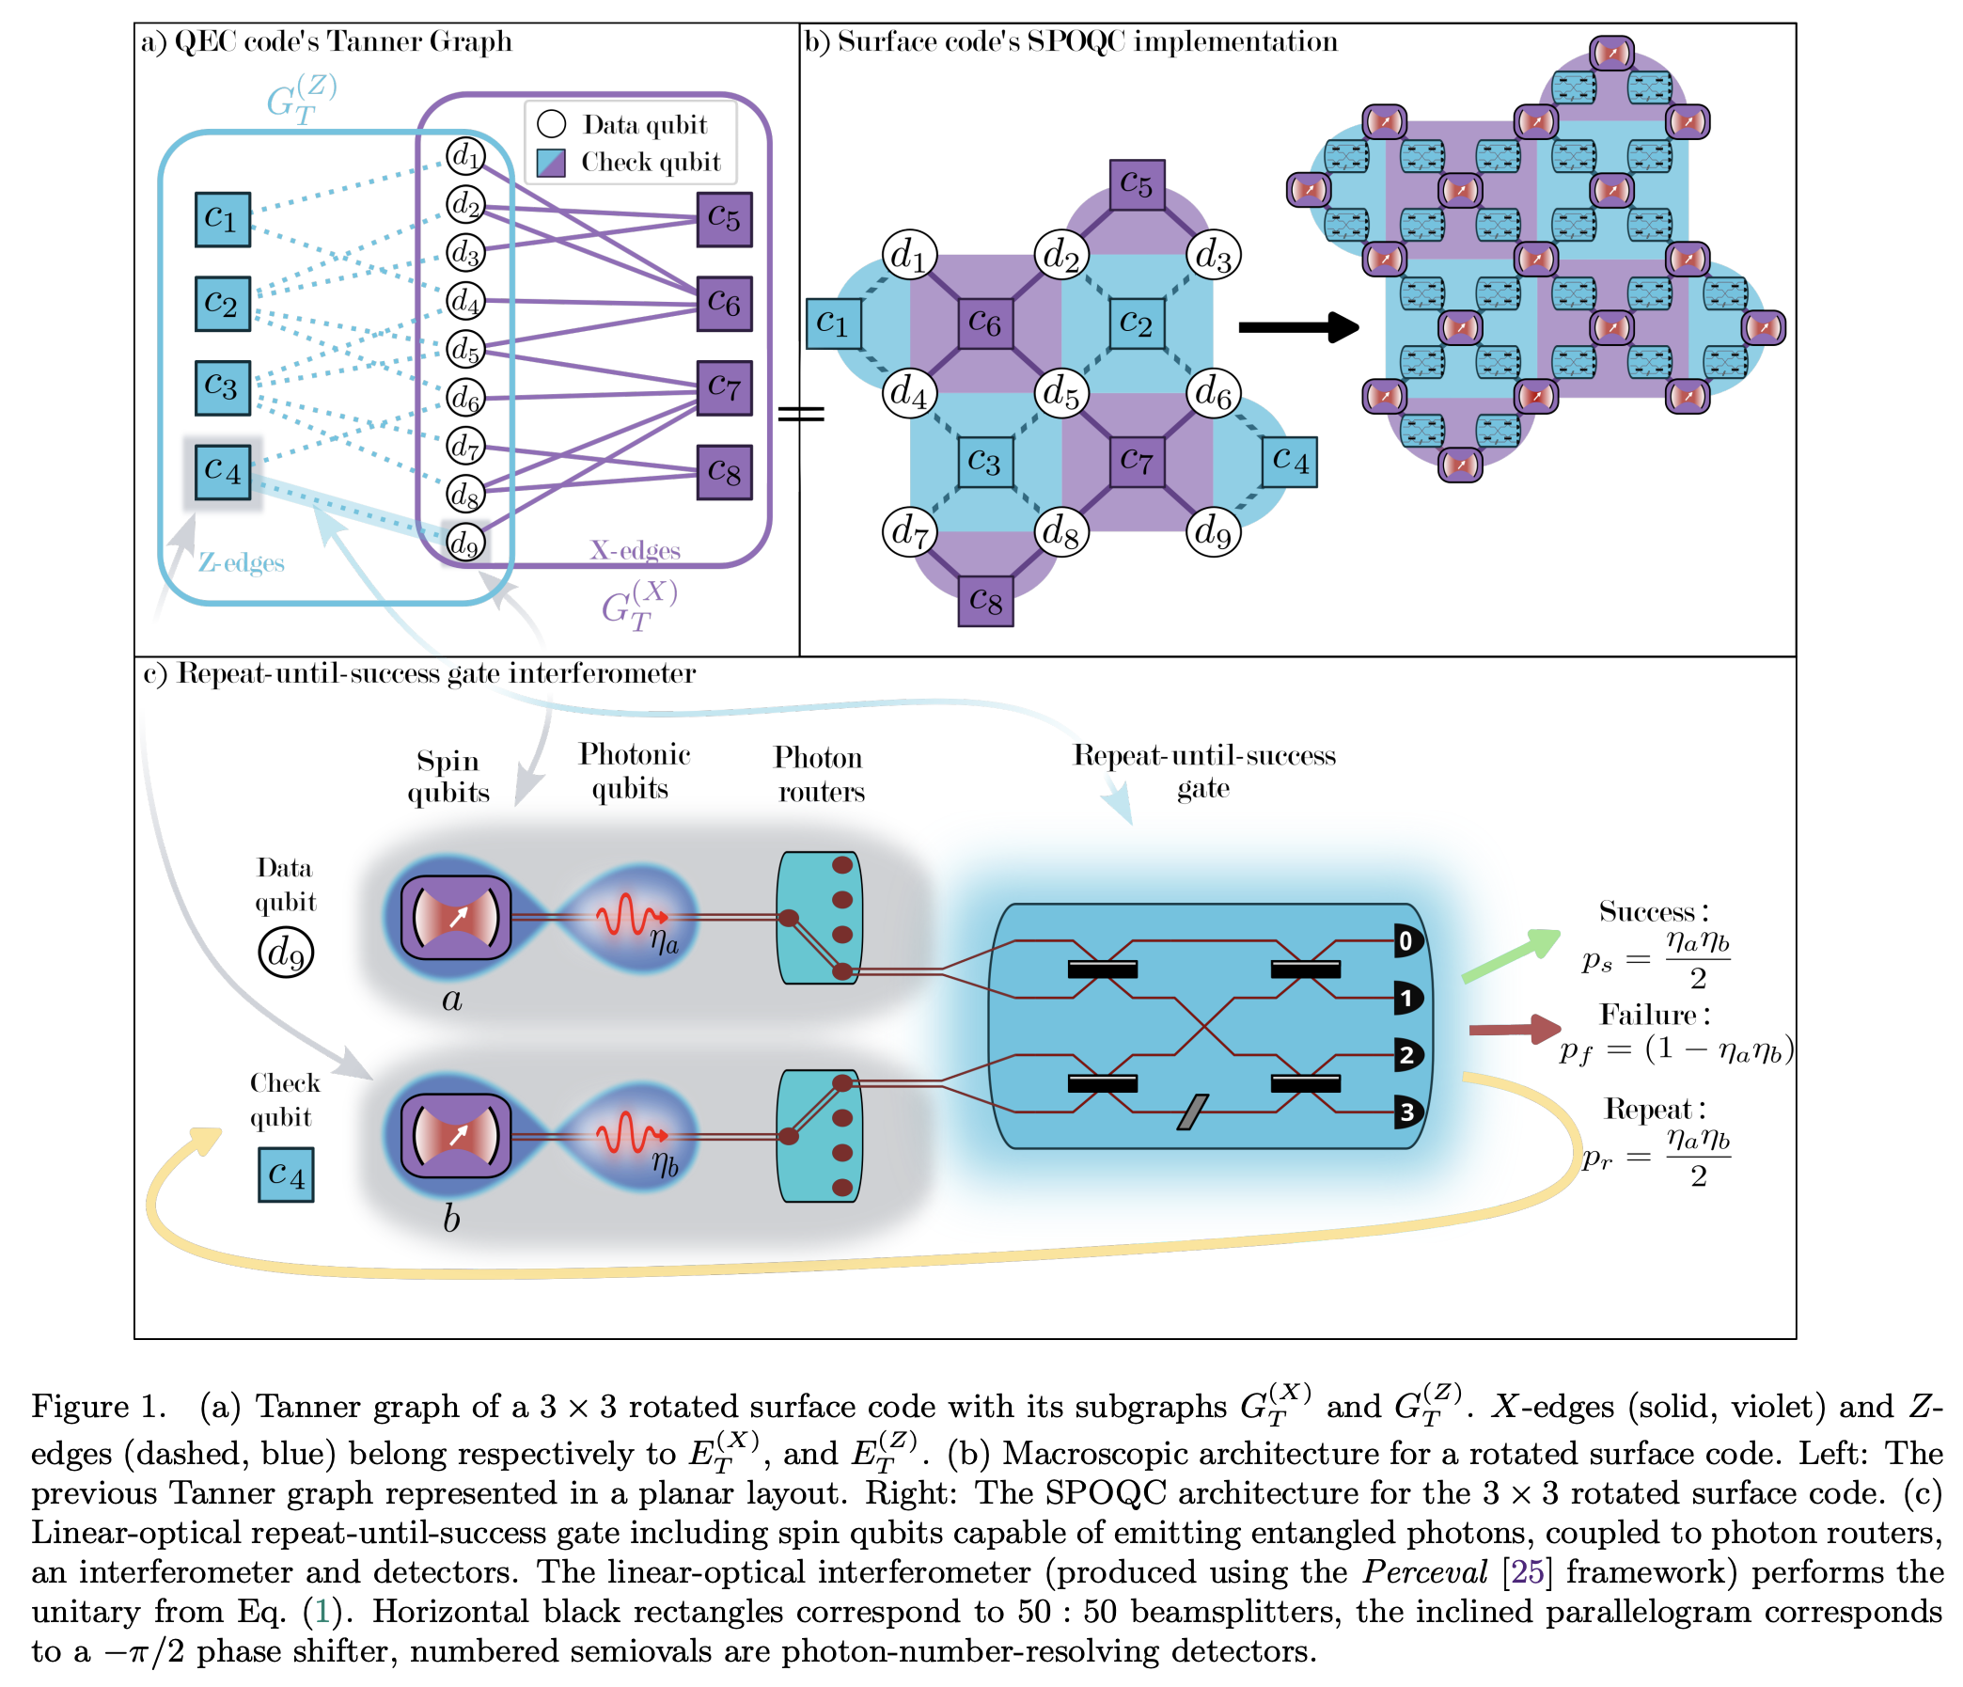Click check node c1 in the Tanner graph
(x=223, y=219)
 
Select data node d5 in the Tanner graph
(x=465, y=349)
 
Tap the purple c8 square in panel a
(x=724, y=472)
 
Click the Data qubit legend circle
(x=551, y=124)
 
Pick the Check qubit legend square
(x=551, y=162)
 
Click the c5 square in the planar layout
(x=1137, y=186)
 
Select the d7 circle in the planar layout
(x=909, y=531)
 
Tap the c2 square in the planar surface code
(x=1137, y=324)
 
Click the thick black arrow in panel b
(x=1299, y=328)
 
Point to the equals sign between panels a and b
(x=802, y=414)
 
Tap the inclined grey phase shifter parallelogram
(x=1193, y=1112)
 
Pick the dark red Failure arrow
(x=1514, y=1030)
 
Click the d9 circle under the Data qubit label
(x=285, y=954)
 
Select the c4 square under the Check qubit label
(x=285, y=1175)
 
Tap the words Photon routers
(x=820, y=774)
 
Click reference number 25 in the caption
(x=1527, y=1572)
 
